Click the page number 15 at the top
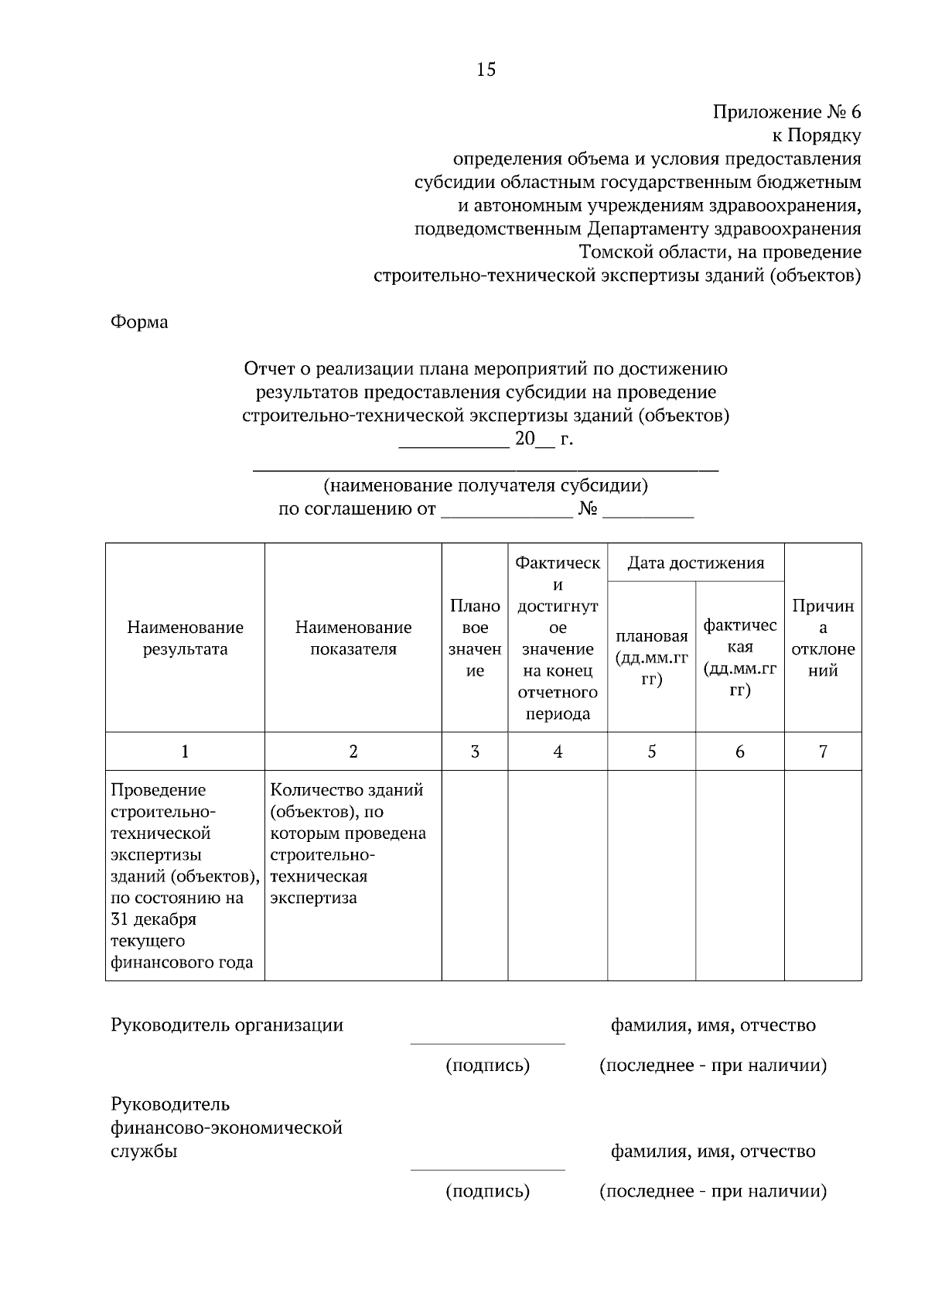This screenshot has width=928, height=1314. tap(486, 70)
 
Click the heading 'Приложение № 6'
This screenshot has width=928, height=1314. tap(786, 112)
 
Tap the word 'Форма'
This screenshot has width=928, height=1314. tap(139, 322)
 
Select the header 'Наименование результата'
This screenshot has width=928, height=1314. tap(185, 638)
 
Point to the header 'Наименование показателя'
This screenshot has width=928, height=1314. tap(353, 638)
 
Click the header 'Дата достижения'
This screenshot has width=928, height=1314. tap(695, 563)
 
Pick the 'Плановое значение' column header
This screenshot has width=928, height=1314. tap(475, 638)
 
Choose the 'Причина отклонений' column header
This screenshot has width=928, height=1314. tap(823, 638)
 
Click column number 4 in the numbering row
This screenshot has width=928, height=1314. tap(558, 751)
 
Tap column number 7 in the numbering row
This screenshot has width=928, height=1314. tap(823, 751)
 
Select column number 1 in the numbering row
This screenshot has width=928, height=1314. tap(185, 751)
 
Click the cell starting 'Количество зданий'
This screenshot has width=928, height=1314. tap(348, 843)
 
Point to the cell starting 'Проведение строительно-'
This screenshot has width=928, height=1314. tap(184, 875)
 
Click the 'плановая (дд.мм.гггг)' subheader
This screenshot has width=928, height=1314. tap(651, 658)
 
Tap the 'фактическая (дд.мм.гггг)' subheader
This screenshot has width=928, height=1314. tap(739, 657)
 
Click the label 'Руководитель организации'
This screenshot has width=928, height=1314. tap(227, 1025)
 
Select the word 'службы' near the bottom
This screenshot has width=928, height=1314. tap(144, 1151)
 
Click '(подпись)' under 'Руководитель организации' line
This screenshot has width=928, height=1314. tap(487, 1066)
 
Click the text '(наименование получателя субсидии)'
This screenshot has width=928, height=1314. tap(485, 486)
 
